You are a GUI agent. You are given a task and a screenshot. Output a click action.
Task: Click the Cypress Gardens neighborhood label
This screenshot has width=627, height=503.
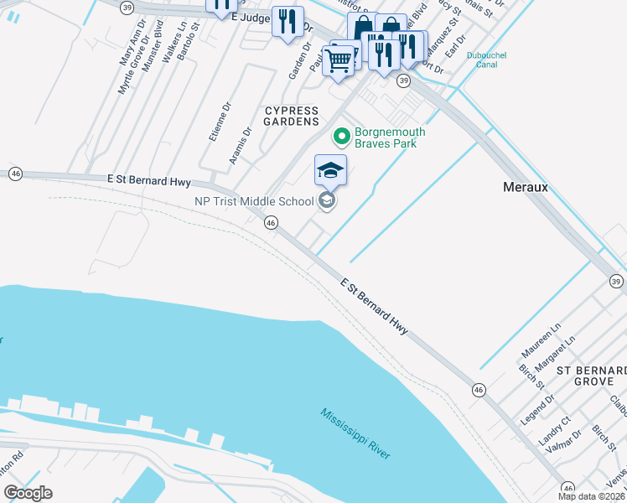click(x=292, y=116)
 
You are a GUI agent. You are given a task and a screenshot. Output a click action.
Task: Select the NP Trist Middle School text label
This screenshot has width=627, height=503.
click(x=253, y=200)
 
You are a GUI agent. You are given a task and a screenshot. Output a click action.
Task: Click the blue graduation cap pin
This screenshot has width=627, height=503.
click(x=330, y=170)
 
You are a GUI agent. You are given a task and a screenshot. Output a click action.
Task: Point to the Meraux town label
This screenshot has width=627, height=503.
click(x=525, y=187)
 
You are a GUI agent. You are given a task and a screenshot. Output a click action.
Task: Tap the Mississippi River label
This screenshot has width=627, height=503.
click(x=355, y=433)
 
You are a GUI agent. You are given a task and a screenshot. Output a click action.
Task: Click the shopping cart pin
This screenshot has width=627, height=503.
click(x=338, y=60)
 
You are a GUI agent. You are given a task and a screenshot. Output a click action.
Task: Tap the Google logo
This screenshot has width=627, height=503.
click(x=28, y=493)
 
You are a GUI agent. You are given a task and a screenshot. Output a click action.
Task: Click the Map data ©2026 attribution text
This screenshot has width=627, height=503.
click(x=591, y=496)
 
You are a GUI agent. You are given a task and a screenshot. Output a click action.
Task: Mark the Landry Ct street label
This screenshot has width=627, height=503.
click(x=555, y=431)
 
